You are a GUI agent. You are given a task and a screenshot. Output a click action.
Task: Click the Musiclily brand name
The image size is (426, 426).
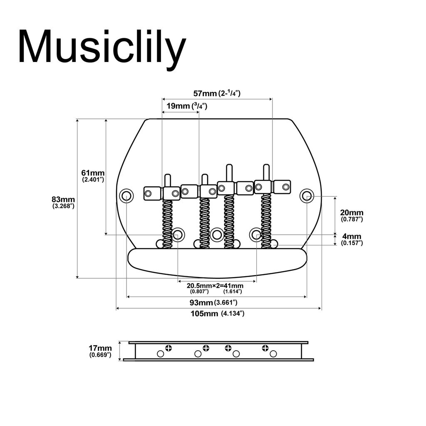[x=102, y=47]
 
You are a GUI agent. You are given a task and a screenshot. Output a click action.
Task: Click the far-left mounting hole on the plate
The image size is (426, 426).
[x=126, y=195]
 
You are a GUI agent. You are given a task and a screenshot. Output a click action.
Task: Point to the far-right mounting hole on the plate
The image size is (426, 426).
[x=307, y=195]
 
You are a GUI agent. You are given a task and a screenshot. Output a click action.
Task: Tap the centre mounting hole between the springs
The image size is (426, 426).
[x=216, y=234]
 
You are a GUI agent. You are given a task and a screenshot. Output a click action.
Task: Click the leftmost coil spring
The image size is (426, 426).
[x=167, y=223]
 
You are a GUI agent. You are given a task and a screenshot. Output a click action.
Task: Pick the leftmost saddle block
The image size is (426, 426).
[x=152, y=193]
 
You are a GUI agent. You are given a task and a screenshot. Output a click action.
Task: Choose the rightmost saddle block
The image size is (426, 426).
[x=282, y=187]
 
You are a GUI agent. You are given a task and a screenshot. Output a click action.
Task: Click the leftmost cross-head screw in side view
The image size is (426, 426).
[x=168, y=348]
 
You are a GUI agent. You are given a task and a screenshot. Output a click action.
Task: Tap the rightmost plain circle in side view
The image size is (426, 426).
[x=273, y=354]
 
